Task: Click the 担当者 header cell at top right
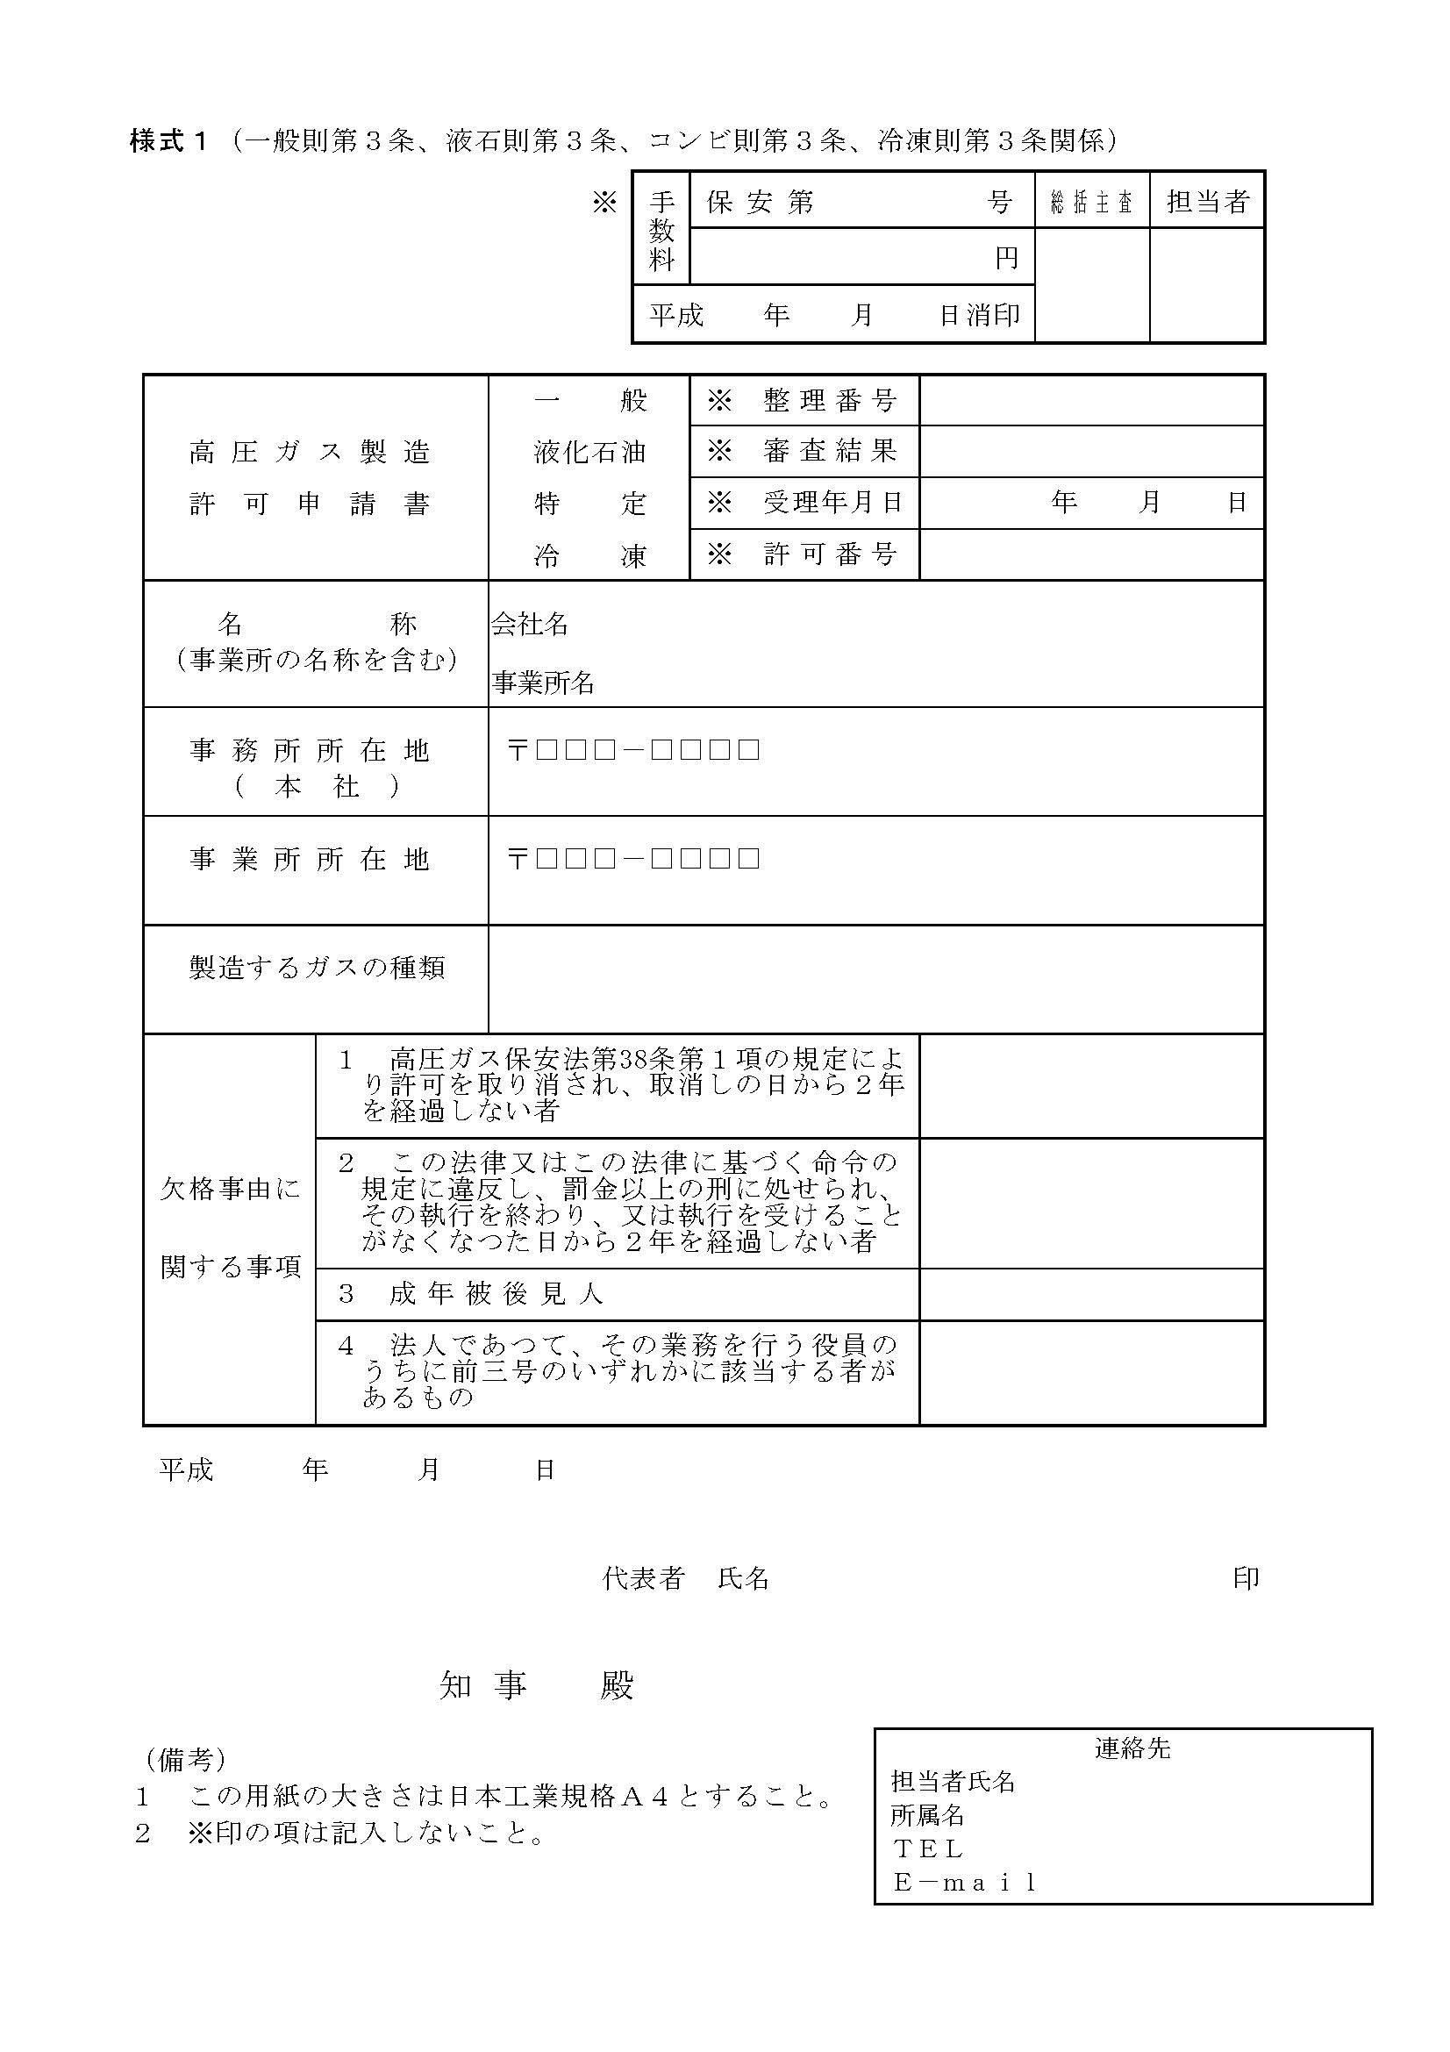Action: (1206, 201)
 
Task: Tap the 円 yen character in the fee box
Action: (1006, 258)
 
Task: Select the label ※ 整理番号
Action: (803, 400)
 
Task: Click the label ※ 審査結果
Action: (803, 451)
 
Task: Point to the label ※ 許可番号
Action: (803, 555)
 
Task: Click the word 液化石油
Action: (589, 452)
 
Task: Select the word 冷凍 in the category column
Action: (589, 556)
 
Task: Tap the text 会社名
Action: (530, 624)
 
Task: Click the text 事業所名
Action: (542, 683)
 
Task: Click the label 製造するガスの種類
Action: (317, 968)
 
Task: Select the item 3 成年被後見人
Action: (471, 1294)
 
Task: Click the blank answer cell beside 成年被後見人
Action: (1091, 1294)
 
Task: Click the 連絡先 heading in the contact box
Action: (1132, 1748)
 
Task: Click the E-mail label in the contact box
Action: (965, 1882)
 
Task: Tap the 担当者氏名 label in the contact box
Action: (953, 1782)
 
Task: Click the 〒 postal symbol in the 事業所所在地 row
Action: (517, 860)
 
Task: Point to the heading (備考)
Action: (186, 1760)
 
